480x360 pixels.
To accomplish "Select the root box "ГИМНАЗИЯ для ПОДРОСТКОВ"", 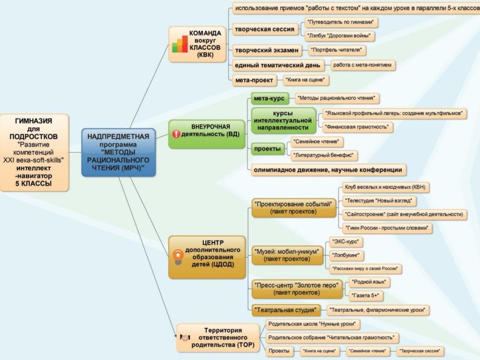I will coord(34,153).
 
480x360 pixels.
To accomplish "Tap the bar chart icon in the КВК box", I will coord(179,44).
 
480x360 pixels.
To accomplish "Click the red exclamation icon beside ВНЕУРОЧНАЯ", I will coord(176,134).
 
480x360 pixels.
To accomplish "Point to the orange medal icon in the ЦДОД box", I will coord(178,255).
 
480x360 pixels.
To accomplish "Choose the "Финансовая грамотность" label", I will coord(358,127).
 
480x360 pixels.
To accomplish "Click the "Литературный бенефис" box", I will coord(323,156).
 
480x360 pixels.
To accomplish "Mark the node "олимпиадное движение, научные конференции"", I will coord(327,170).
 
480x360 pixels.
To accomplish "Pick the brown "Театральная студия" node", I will coord(285,310).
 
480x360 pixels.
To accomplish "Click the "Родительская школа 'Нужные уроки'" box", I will coord(314,324).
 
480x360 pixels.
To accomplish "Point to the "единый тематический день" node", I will coord(277,65).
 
